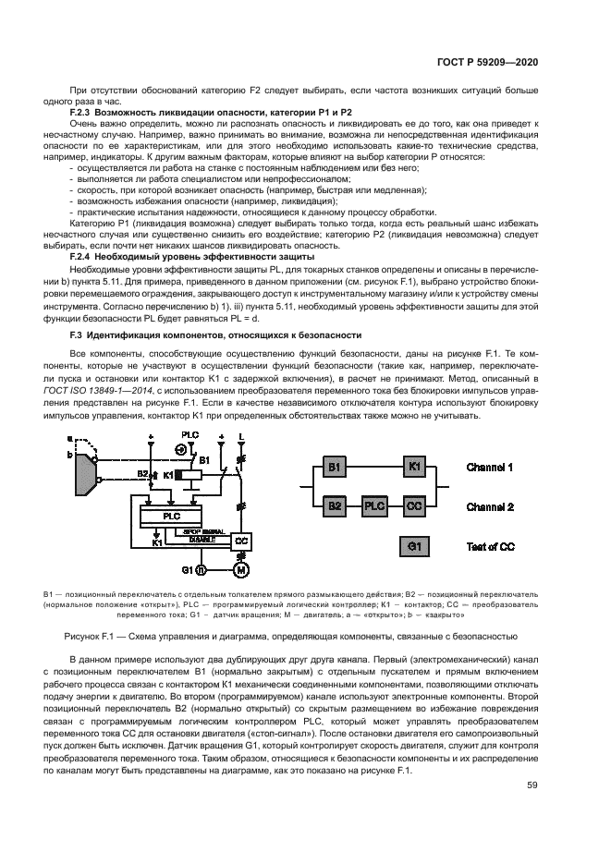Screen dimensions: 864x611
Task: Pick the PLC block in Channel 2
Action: pos(375,506)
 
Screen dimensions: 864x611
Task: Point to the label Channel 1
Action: pos(491,469)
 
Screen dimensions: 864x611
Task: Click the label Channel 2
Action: pos(491,506)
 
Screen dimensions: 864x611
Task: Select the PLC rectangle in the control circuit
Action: pos(172,516)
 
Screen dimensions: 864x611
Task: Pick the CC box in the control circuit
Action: pos(243,539)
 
